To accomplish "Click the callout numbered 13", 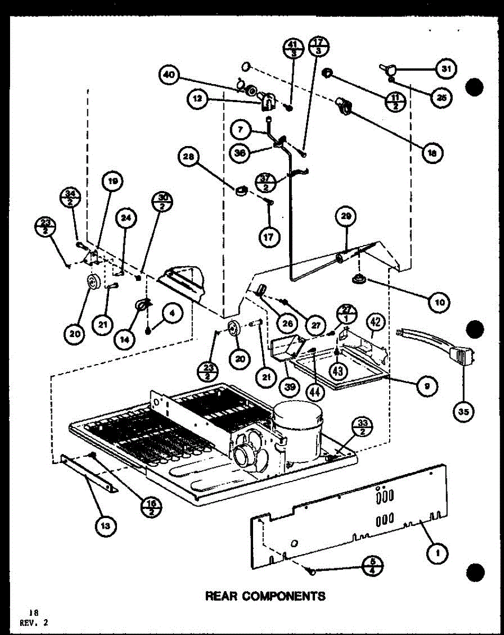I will click(x=106, y=525).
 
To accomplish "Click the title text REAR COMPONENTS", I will click(x=265, y=596).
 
